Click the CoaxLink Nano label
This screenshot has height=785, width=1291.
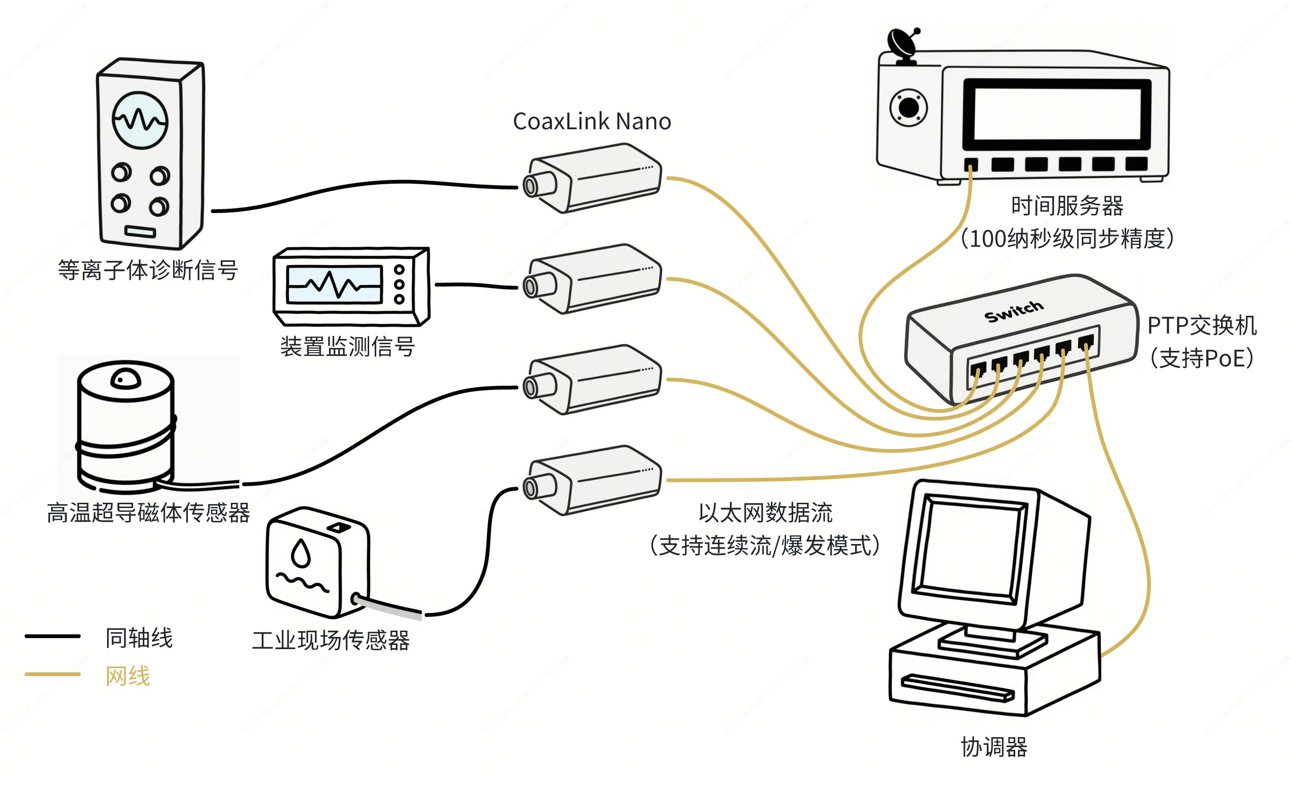(x=592, y=122)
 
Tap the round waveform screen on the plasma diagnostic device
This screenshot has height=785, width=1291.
(x=140, y=121)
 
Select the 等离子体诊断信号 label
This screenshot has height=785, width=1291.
(x=148, y=270)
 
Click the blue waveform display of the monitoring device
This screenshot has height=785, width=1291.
(x=334, y=285)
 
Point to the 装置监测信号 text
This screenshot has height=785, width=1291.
(x=348, y=347)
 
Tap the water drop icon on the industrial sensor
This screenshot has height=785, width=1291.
(x=301, y=553)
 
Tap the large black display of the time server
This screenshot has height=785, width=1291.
(x=1057, y=114)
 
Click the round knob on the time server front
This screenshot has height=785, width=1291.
(x=909, y=108)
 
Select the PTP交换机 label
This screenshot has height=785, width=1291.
(x=1202, y=325)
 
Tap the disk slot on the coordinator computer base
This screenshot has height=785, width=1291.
(x=957, y=687)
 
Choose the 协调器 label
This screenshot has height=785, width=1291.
(x=994, y=747)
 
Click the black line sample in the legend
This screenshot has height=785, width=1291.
(x=53, y=636)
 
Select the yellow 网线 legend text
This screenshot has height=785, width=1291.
(x=128, y=676)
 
